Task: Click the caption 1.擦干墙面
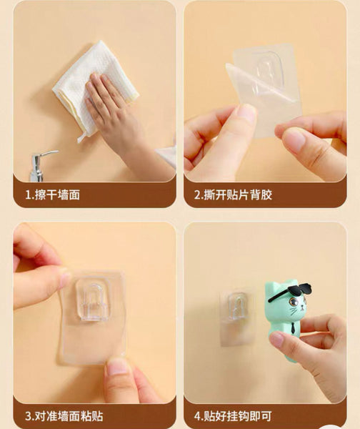click(x=52, y=195)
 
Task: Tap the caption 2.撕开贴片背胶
click(x=233, y=195)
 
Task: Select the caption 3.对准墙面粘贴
click(x=64, y=416)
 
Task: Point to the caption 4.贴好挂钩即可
click(x=233, y=416)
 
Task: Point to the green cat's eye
click(x=294, y=302)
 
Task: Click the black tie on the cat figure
click(x=293, y=327)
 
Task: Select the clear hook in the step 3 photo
click(x=93, y=301)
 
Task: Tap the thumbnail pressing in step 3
click(x=118, y=366)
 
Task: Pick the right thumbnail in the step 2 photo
click(x=293, y=140)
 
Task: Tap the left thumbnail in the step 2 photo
click(x=246, y=113)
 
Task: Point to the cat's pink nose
click(x=302, y=307)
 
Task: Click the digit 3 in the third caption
click(x=29, y=416)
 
